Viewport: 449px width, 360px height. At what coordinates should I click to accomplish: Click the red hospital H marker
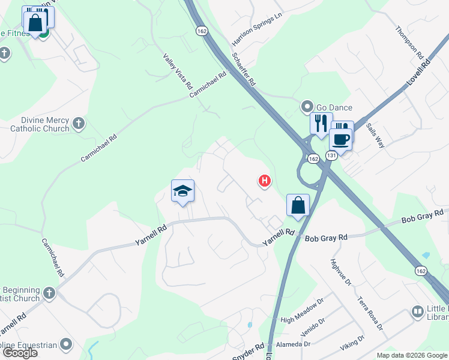(264, 180)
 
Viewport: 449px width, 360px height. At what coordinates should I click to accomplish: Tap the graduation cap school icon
(182, 191)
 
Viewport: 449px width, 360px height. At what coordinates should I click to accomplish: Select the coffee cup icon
(341, 140)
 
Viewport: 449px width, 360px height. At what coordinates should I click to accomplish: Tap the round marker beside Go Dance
(307, 107)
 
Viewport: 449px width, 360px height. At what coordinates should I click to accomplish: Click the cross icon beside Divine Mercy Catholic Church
(78, 125)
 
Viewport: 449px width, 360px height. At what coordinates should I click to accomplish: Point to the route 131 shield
(331, 155)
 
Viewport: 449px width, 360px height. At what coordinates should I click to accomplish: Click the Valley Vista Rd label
(178, 70)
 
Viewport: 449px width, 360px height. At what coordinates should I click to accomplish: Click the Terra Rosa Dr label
(370, 313)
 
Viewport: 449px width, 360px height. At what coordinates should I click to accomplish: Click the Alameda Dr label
(294, 344)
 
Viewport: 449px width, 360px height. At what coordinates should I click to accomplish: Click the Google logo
(20, 353)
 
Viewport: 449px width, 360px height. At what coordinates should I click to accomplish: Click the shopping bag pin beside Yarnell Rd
(298, 206)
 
